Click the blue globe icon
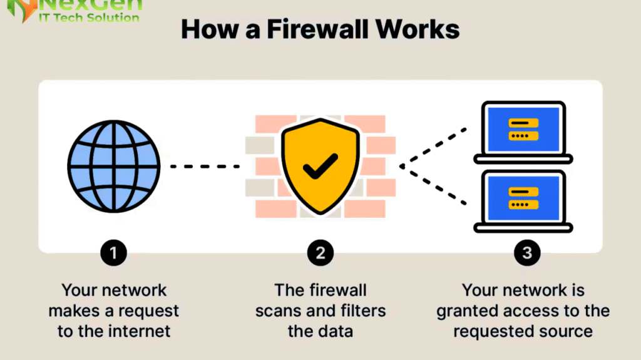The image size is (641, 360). coord(113,167)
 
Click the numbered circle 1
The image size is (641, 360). coord(113,253)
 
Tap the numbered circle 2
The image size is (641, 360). coord(320,253)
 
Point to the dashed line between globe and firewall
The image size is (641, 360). coord(205,167)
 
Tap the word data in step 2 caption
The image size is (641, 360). coord(336,331)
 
